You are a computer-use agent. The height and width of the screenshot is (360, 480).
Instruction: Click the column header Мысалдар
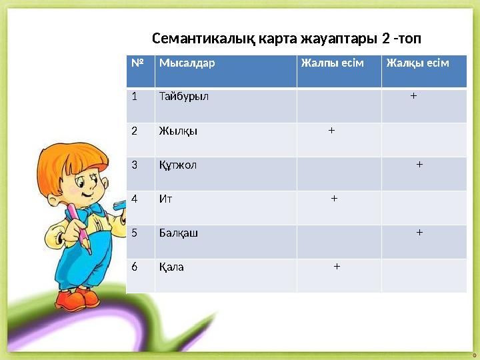pos(187,63)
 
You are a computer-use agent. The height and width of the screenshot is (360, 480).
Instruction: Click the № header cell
pos(138,63)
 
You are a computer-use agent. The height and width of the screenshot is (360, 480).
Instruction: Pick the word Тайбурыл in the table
pos(184,96)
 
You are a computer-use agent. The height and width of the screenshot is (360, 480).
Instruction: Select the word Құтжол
pos(178,165)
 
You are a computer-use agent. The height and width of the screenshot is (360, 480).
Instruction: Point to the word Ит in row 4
pos(165,199)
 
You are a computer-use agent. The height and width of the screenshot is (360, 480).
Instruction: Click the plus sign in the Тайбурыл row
pos(414,96)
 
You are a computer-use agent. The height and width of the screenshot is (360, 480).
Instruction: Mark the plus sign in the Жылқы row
pos(331,130)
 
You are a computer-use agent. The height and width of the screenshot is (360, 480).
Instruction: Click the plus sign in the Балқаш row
pos(419,233)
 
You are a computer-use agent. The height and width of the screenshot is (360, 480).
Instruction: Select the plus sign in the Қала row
pos(337,267)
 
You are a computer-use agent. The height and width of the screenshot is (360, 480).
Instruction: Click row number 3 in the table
pos(135,165)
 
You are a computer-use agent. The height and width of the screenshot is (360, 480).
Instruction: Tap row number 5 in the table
pos(135,233)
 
